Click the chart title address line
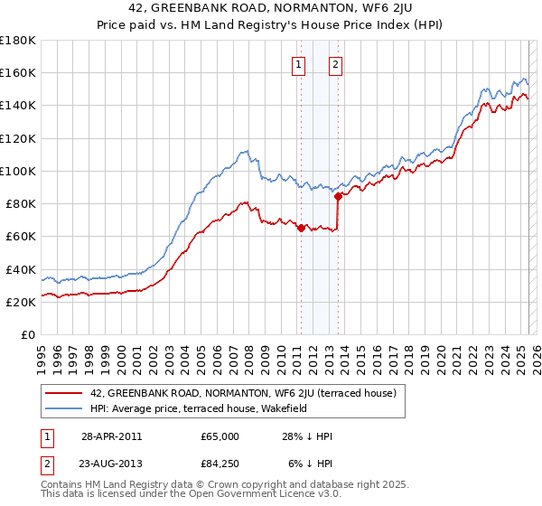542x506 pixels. [x=270, y=10]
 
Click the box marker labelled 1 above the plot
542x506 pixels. [x=299, y=64]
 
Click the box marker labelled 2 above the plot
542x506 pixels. [x=335, y=64]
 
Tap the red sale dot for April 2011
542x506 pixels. [x=301, y=228]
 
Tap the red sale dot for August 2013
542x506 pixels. [x=338, y=196]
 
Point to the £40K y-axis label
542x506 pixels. [x=21, y=269]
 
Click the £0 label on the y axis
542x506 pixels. [x=28, y=335]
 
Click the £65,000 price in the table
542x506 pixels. [x=220, y=436]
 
